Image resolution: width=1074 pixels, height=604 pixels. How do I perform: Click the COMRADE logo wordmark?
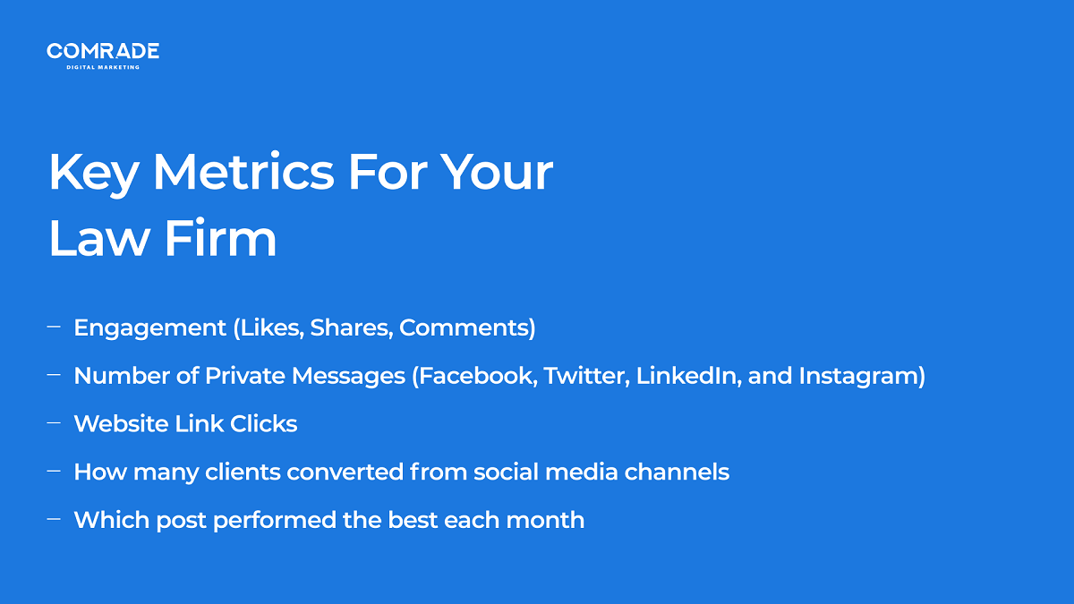tap(103, 51)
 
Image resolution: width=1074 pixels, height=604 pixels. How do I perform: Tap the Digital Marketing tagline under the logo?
tap(103, 68)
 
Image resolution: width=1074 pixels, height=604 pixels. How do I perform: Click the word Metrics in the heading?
tap(243, 172)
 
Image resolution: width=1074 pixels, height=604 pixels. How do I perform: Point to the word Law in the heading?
tap(98, 238)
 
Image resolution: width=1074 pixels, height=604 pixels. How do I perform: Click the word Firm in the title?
tap(220, 238)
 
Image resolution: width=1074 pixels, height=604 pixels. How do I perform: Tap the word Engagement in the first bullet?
tap(150, 329)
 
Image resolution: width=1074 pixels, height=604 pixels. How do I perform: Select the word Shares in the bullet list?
tap(352, 328)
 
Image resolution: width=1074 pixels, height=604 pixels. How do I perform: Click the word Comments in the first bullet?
tap(465, 328)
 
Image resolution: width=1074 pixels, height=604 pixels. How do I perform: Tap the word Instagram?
tap(858, 377)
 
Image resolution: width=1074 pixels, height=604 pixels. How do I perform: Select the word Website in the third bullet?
tap(121, 424)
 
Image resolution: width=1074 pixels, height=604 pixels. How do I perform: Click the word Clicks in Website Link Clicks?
tap(263, 424)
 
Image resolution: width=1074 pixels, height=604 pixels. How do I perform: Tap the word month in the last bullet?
tap(545, 520)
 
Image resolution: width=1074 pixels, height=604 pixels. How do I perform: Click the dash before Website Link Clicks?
tap(54, 422)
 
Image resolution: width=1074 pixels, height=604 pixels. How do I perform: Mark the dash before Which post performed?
tap(54, 519)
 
